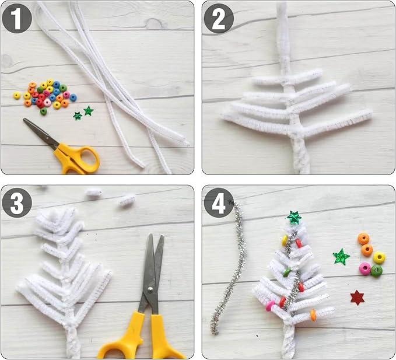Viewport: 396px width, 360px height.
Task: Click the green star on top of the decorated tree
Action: click(295, 218)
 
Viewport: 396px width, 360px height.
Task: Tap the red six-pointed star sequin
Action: click(357, 298)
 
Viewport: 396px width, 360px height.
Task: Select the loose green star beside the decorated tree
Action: click(341, 256)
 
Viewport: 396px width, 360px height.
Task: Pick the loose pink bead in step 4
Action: click(365, 268)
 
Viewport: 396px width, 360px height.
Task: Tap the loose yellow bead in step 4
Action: click(379, 257)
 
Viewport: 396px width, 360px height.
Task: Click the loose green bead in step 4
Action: click(377, 271)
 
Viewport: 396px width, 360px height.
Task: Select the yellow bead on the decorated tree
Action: click(285, 240)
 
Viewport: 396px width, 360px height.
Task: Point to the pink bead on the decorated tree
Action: click(270, 306)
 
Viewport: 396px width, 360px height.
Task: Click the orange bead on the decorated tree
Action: click(313, 315)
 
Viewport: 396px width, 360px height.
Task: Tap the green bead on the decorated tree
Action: click(286, 272)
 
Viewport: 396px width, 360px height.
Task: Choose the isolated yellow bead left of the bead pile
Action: click(17, 95)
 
